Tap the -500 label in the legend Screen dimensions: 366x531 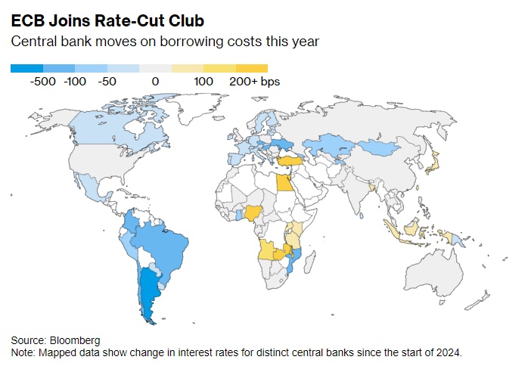pyautogui.click(x=43, y=82)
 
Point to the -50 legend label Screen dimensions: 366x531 pyautogui.click(x=107, y=82)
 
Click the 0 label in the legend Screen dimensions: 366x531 pyautogui.click(x=154, y=82)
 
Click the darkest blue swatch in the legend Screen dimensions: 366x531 pyautogui.click(x=26, y=68)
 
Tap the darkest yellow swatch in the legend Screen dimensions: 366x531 pyautogui.click(x=252, y=68)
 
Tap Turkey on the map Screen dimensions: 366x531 pyautogui.click(x=290, y=160)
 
